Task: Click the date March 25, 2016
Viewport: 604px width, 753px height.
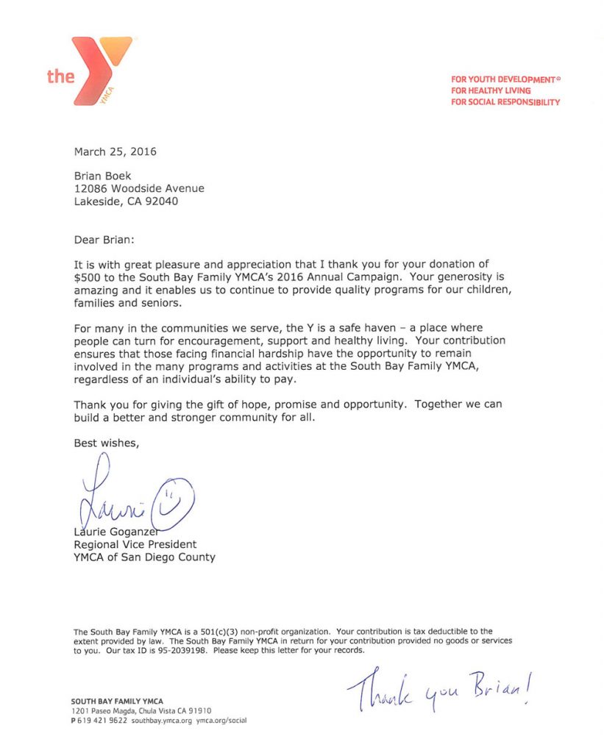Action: [115, 152]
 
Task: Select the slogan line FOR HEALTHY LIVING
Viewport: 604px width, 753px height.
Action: [491, 90]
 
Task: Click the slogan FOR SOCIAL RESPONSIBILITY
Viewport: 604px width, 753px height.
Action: [505, 102]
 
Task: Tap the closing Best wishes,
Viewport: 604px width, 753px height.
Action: [106, 443]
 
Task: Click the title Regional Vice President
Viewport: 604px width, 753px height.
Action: [135, 545]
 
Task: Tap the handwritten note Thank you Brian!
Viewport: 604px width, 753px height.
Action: [439, 689]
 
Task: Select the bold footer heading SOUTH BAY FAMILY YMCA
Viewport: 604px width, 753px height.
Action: [117, 702]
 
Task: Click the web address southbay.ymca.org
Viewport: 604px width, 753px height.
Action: [162, 721]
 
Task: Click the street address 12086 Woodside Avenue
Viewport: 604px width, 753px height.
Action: [139, 188]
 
